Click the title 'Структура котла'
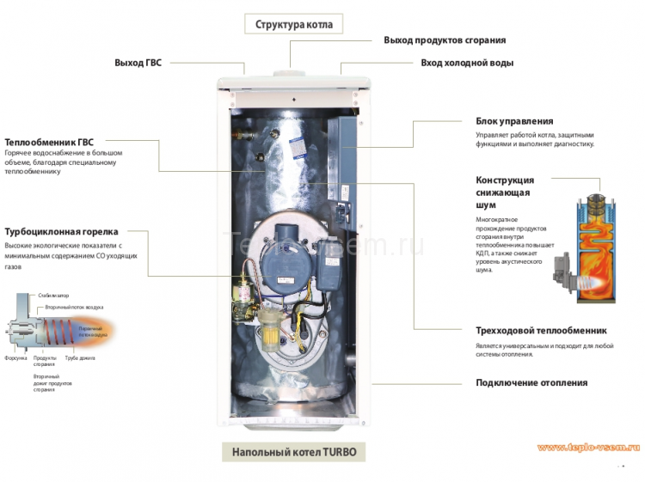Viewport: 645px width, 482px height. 293,23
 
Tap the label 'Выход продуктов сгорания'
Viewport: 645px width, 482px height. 444,40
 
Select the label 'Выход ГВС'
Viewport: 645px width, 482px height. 138,63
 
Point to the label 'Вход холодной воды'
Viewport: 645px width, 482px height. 467,63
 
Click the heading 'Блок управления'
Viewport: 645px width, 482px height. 514,121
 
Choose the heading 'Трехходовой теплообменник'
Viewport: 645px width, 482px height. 541,331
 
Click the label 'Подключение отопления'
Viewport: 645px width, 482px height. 531,382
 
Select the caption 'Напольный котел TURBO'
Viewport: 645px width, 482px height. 293,452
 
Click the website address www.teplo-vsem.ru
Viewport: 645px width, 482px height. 588,448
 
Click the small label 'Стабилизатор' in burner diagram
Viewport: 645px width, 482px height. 52,296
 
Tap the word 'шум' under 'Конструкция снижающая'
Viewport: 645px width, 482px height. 486,206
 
